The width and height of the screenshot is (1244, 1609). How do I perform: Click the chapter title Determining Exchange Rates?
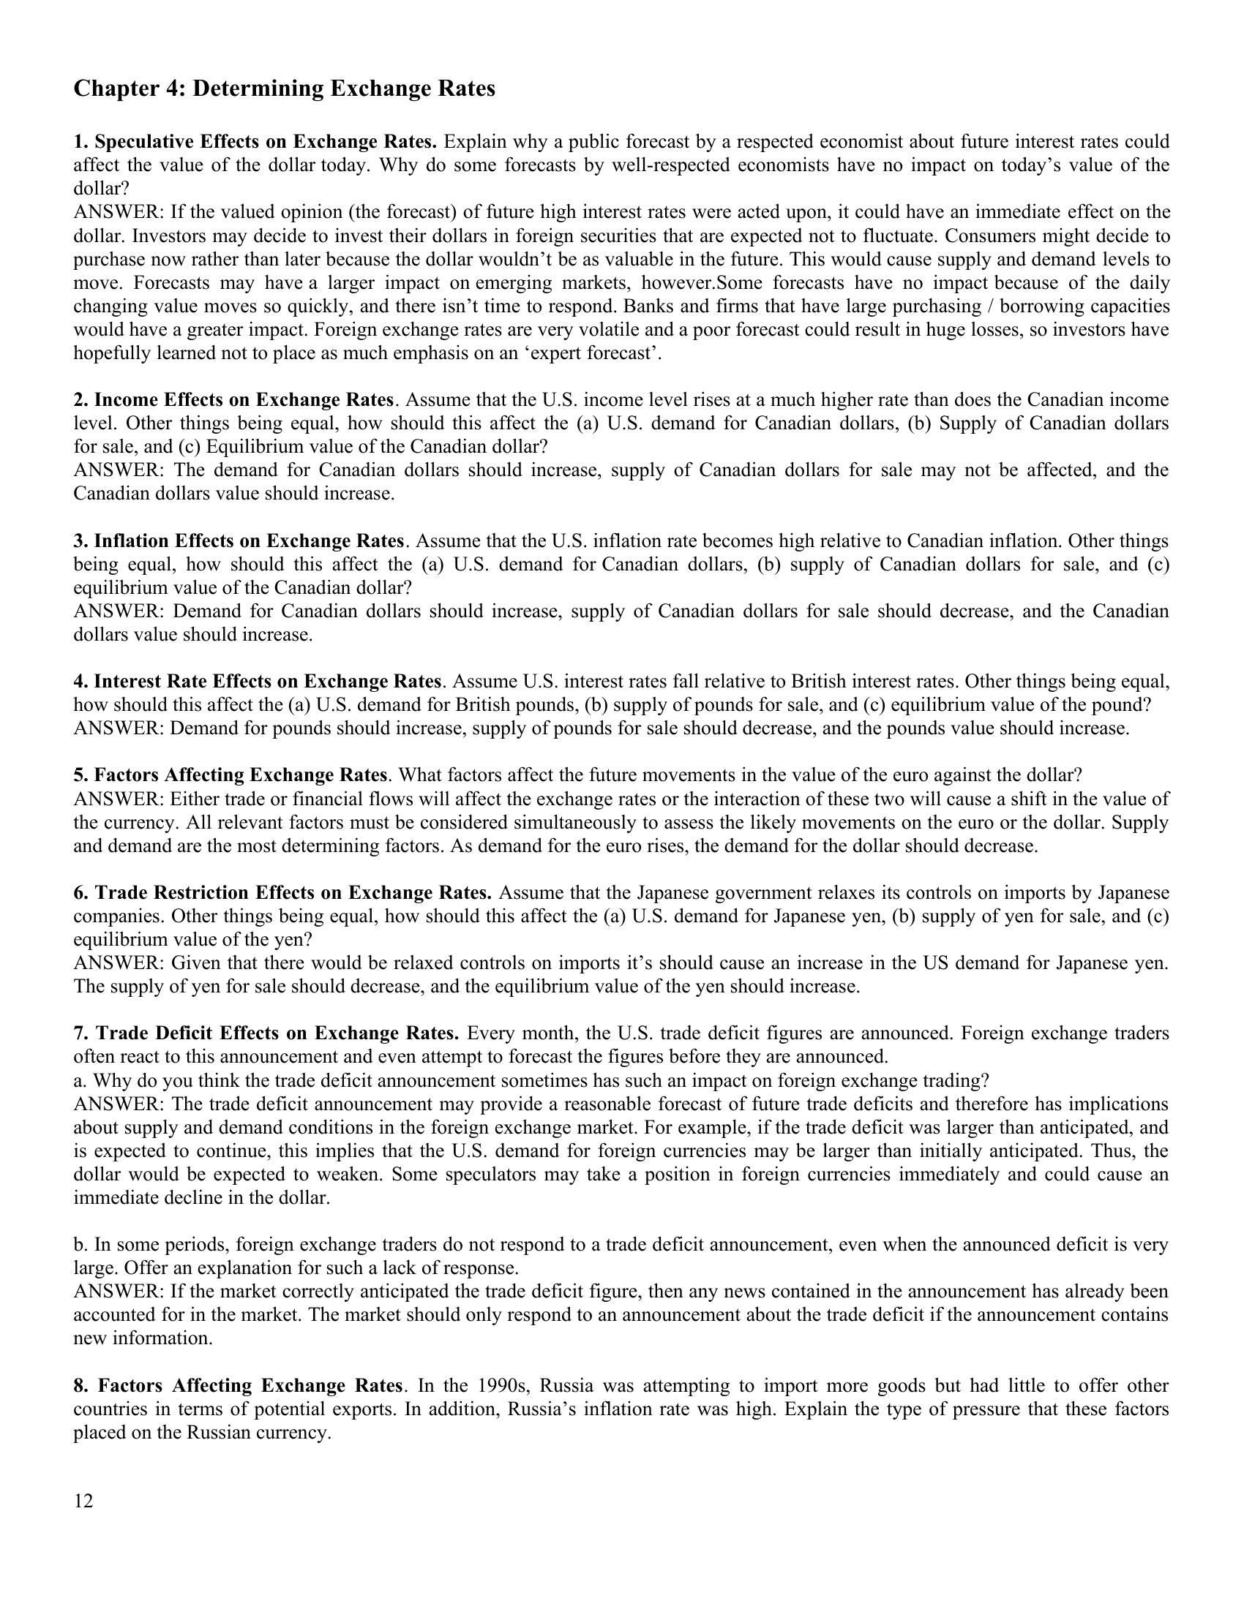[x=284, y=89]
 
